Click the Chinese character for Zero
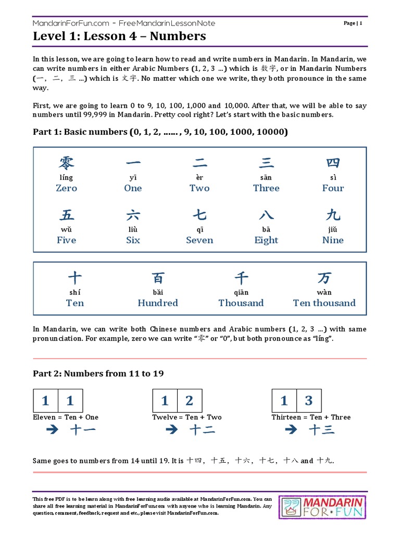[66, 163]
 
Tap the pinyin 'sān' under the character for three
[266, 177]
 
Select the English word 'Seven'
[199, 240]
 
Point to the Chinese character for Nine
[333, 215]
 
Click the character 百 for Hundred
[158, 277]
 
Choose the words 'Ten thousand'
[324, 303]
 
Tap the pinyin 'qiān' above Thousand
[241, 292]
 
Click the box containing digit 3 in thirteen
[309, 401]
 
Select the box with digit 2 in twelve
[190, 401]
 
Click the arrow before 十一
[52, 430]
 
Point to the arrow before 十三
[291, 430]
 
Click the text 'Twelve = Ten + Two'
[186, 417]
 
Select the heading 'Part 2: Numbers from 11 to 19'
[98, 373]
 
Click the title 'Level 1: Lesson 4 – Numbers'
[119, 36]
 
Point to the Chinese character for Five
[66, 215]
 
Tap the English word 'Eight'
[266, 240]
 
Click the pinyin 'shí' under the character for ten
[74, 292]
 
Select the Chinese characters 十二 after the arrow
[202, 430]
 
